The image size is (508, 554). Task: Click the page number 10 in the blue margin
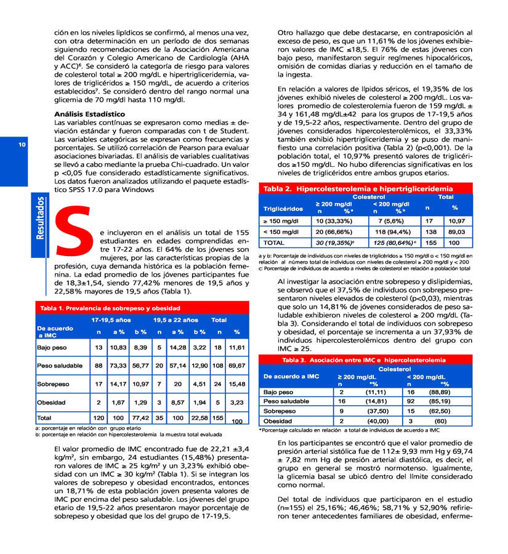tap(22, 145)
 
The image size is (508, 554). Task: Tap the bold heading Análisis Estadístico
tap(89, 114)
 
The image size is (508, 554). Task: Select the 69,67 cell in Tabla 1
tap(236, 365)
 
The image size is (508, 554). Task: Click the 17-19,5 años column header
tap(111, 320)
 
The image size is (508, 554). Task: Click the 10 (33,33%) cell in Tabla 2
tap(334, 220)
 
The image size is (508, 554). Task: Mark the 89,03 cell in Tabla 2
tap(456, 231)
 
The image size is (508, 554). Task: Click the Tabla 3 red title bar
tap(363, 359)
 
